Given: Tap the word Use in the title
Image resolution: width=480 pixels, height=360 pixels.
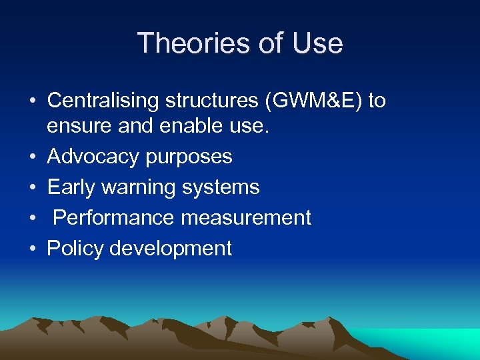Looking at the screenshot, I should [317, 43].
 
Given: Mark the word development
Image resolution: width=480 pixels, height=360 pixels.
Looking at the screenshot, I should [171, 249].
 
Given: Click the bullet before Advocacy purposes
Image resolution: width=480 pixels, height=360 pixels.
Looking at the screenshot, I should [33, 157].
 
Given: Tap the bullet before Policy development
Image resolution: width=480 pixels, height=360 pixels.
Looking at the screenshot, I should [33, 249].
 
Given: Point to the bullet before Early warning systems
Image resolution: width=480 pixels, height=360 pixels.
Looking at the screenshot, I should [33, 188].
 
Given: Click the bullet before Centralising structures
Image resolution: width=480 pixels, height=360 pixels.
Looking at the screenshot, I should [33, 101].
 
